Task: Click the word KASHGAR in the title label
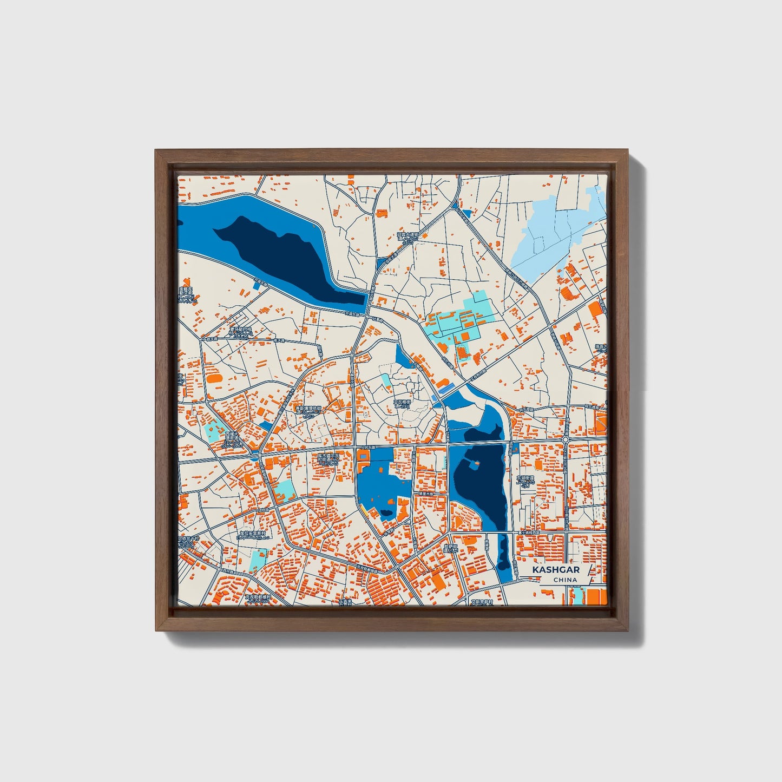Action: (x=555, y=570)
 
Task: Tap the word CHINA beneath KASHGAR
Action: (x=564, y=580)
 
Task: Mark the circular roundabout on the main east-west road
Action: (x=566, y=440)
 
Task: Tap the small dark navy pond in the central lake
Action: (x=386, y=513)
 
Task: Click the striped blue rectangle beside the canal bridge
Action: (x=445, y=389)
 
